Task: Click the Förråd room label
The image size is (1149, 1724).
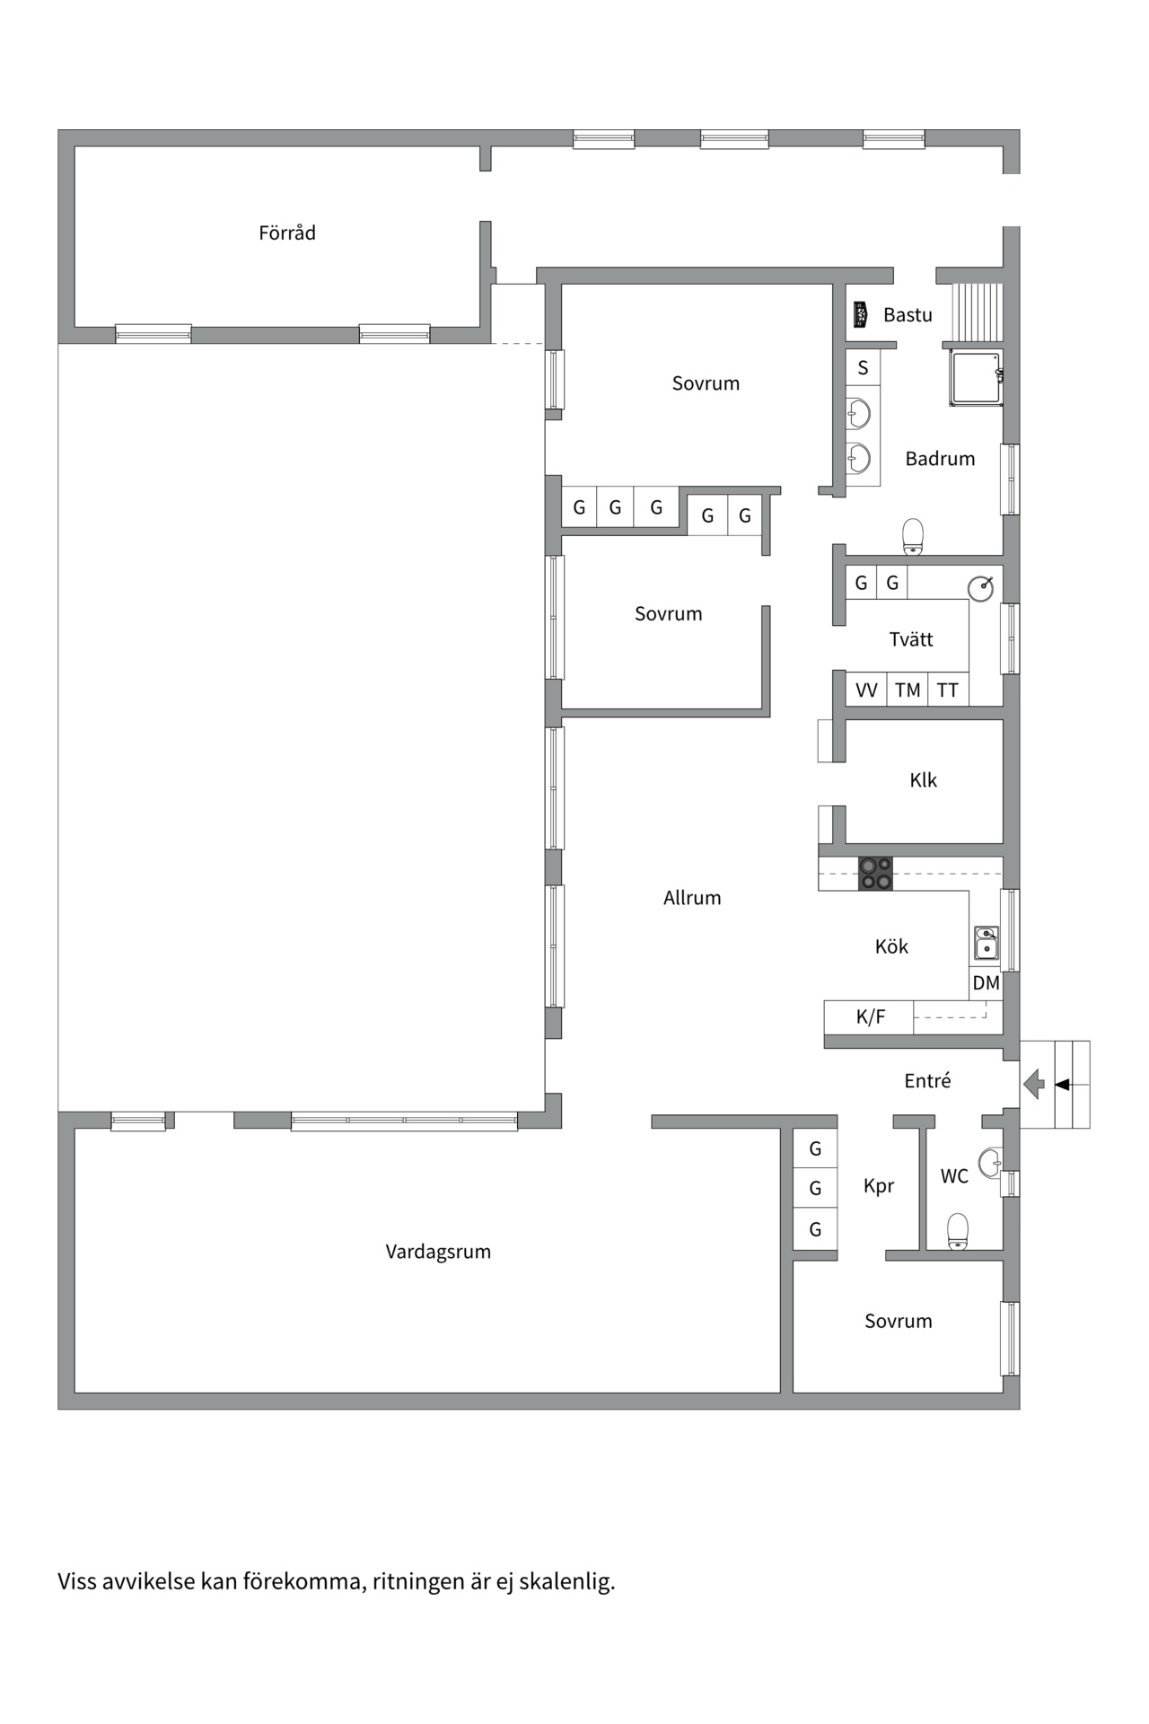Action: [287, 233]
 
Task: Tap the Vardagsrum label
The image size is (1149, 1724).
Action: [438, 1252]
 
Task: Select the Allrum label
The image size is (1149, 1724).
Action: [692, 898]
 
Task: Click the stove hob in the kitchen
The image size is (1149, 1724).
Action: [875, 874]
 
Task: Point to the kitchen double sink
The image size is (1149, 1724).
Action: [987, 944]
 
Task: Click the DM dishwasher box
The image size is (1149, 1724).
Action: [986, 983]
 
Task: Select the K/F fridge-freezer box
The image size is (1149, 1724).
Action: [869, 1017]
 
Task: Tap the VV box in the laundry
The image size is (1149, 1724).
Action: [866, 690]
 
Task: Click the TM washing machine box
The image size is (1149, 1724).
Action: [908, 690]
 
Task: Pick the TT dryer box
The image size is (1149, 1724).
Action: [948, 690]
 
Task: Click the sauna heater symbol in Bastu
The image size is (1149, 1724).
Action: [860, 314]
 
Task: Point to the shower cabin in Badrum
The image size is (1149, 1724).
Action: [975, 378]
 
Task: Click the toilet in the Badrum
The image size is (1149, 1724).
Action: [913, 536]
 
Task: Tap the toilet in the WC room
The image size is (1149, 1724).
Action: [958, 1231]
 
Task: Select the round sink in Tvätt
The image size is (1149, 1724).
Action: [980, 589]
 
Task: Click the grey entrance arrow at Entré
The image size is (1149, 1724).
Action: [1034, 1084]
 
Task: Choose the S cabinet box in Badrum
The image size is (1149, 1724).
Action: [864, 367]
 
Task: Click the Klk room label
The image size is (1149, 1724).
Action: [923, 780]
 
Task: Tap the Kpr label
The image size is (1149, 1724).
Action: [879, 1186]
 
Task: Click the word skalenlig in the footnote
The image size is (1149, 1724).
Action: [566, 1581]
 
